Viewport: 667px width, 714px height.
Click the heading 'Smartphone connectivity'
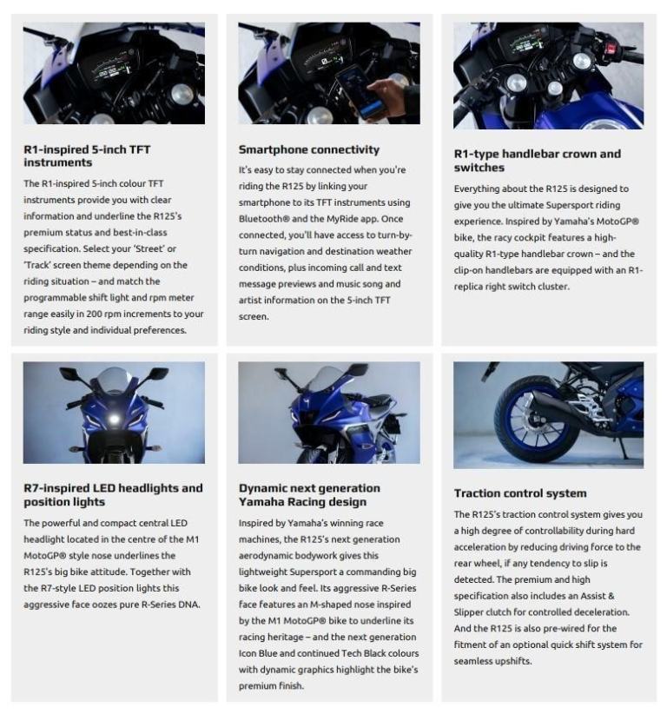pos(308,149)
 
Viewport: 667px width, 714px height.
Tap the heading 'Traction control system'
pos(520,493)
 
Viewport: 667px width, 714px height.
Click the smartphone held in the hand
pos(360,91)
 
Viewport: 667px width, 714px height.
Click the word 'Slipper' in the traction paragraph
pos(468,612)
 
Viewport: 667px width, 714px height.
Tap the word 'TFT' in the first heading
pos(139,149)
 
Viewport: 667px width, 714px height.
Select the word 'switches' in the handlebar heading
pos(479,168)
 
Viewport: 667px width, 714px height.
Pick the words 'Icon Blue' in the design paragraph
pos(258,653)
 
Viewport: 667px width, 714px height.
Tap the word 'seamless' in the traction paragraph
pos(472,661)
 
